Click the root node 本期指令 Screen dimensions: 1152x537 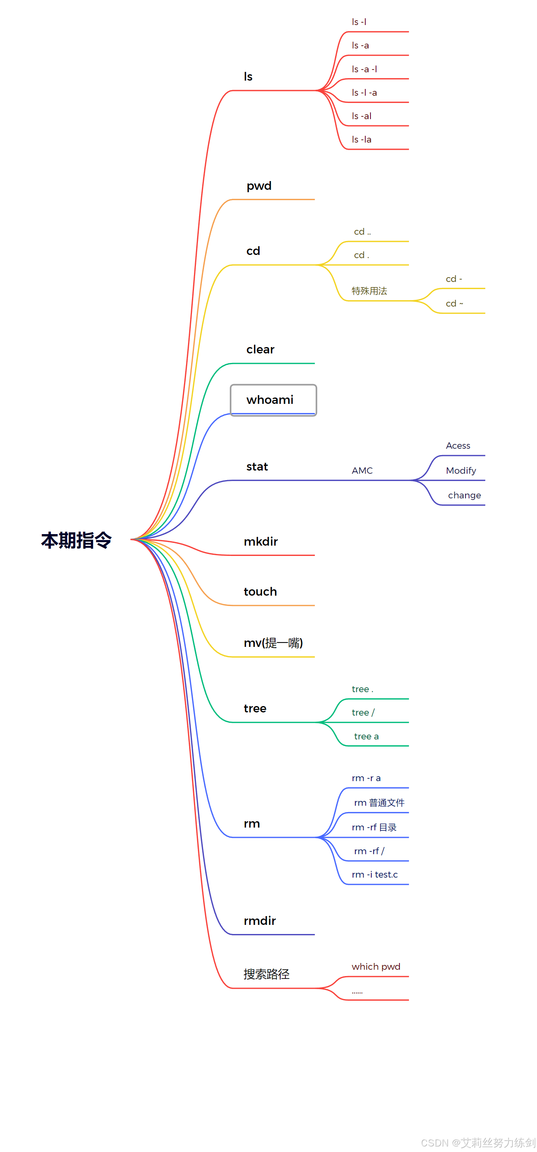click(x=76, y=540)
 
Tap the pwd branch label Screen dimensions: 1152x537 click(x=259, y=186)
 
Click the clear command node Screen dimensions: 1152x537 click(x=260, y=349)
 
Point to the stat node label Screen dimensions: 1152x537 click(x=257, y=467)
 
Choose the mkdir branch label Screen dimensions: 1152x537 click(x=260, y=542)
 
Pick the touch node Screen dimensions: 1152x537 click(x=260, y=592)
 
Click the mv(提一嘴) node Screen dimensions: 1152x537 click(x=273, y=643)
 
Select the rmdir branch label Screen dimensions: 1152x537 click(x=260, y=921)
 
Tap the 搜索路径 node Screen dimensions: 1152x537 click(x=266, y=974)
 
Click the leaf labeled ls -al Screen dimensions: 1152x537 click(x=362, y=116)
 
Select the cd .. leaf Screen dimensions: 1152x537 click(x=362, y=232)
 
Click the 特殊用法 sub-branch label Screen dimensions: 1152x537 click(x=369, y=291)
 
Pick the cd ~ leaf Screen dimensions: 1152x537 click(x=454, y=304)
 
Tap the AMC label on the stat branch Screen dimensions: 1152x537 click(x=362, y=471)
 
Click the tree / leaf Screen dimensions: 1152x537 click(x=363, y=712)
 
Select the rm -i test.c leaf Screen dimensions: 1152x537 click(x=374, y=874)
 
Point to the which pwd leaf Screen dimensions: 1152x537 click(x=376, y=967)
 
